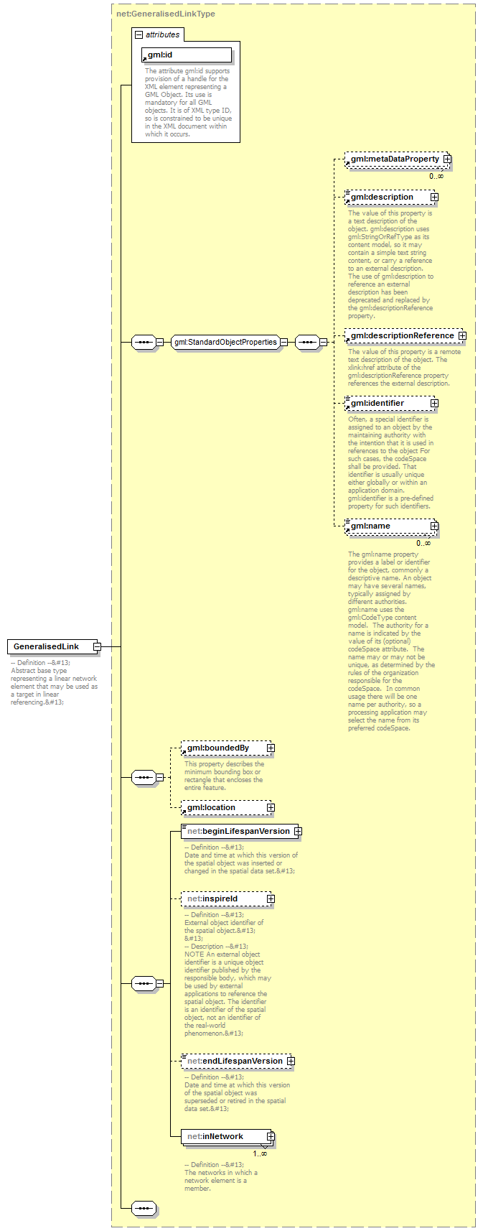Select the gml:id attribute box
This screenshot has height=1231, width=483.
tap(187, 55)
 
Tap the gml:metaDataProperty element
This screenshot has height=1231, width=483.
tap(394, 159)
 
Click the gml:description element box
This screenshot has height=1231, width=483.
tap(388, 197)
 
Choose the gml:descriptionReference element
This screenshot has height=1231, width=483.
tap(402, 335)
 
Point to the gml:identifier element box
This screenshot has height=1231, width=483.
tap(388, 403)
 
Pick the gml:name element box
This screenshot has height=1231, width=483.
tap(388, 526)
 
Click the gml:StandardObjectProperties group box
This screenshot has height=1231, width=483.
tap(225, 342)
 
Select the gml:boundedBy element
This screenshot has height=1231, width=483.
tap(222, 748)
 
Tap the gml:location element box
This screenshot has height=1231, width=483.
tap(222, 807)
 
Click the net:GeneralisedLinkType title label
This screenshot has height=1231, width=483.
tap(166, 14)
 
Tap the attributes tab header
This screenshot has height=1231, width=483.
tap(158, 34)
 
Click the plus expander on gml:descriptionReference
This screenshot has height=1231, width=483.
tap(462, 335)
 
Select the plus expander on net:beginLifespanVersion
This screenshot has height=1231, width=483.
tap(298, 831)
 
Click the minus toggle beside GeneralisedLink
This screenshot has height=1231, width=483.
tap(97, 646)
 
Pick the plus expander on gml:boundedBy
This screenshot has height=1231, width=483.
tap(271, 748)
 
